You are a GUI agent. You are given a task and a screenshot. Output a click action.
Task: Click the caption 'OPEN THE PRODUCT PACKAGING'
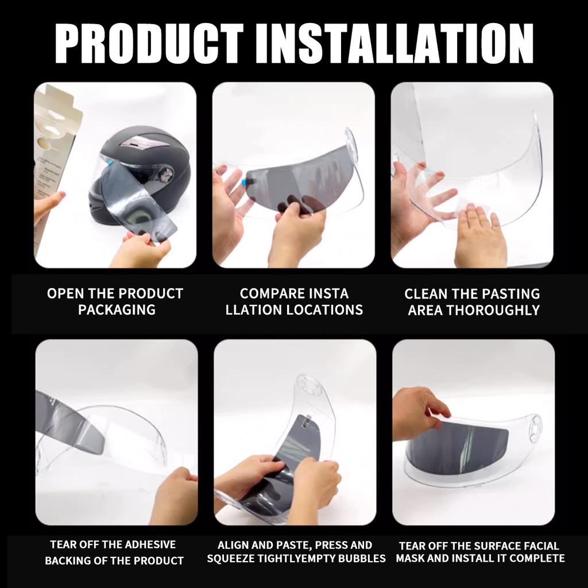(x=115, y=301)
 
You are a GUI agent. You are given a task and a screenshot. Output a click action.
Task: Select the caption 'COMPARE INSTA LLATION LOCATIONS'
(x=294, y=301)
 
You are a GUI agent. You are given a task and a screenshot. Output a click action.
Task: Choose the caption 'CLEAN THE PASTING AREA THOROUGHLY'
(x=473, y=301)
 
